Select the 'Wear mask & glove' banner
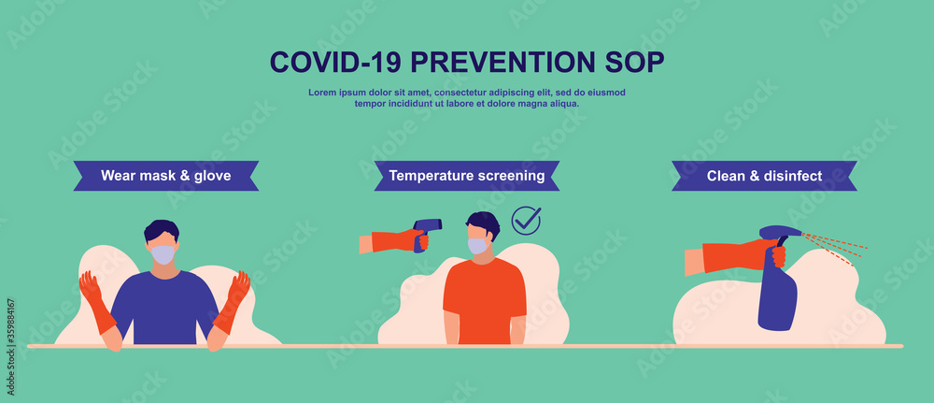[166, 175]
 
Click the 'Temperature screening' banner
[467, 175]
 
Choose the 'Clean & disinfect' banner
[764, 175]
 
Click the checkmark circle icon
[526, 221]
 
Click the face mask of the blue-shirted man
[163, 253]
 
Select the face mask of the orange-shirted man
[477, 245]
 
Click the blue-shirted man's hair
[162, 228]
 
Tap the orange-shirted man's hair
[484, 222]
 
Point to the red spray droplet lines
[834, 246]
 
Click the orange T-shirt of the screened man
[484, 299]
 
